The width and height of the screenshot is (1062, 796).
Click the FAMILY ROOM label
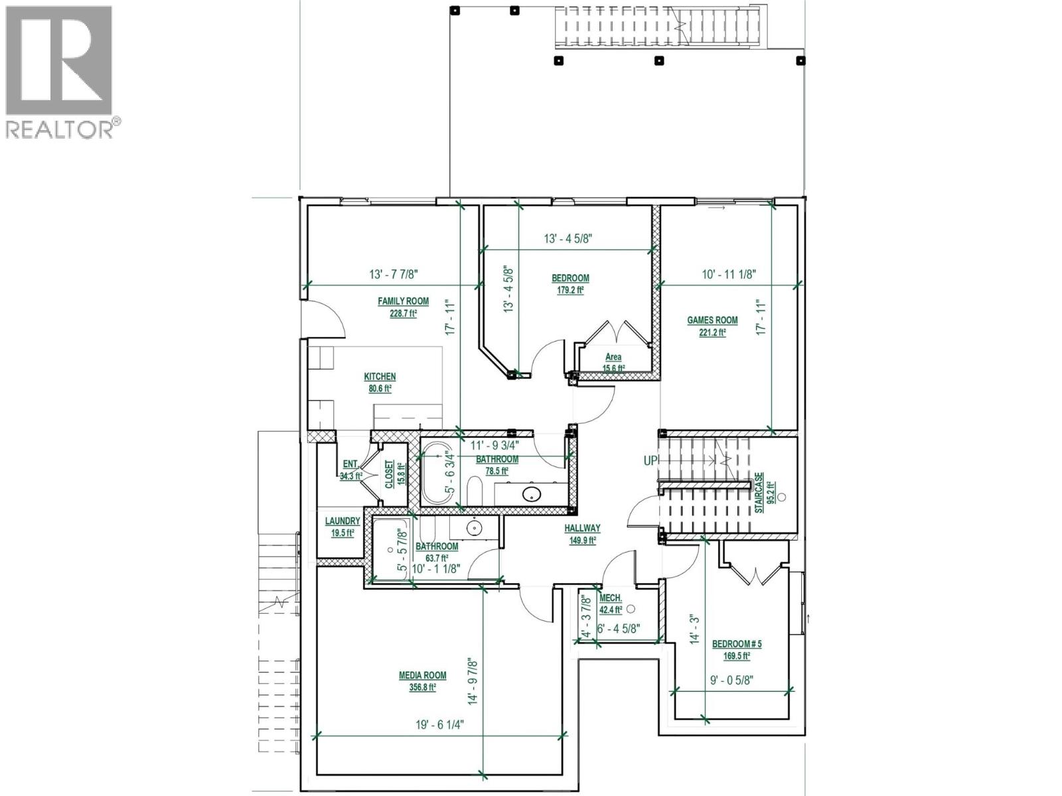tap(403, 301)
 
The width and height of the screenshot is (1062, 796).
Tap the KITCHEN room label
tap(380, 377)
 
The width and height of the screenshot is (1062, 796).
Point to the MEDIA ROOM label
tap(422, 675)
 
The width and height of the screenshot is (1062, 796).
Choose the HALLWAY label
tap(582, 528)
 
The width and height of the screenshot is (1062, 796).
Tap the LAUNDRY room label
tap(342, 521)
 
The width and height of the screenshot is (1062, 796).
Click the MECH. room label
tap(611, 598)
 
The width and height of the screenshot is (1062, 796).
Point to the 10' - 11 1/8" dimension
tap(729, 274)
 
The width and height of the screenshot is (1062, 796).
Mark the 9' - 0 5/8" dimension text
tap(730, 679)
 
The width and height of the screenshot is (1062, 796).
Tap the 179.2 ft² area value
tap(570, 290)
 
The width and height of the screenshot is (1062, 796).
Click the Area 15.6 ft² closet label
tap(613, 362)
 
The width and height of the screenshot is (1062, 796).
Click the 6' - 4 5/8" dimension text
tap(619, 628)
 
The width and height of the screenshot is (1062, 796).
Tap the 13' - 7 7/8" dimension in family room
tap(393, 274)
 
